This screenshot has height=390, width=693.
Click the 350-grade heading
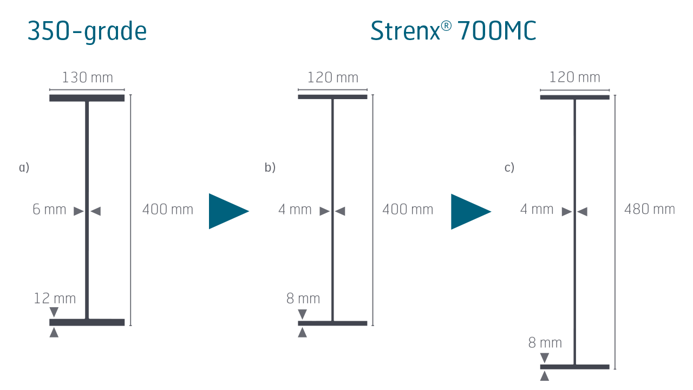coord(87,32)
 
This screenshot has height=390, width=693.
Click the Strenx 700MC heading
coord(453,32)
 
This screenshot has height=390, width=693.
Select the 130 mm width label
coord(87,78)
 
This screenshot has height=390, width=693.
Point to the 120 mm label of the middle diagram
coord(332,78)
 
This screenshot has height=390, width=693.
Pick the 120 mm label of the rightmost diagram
coord(574,78)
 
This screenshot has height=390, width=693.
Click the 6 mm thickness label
coord(49,210)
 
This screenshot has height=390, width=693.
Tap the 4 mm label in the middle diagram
coord(295,210)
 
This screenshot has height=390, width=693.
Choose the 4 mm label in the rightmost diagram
coord(537,210)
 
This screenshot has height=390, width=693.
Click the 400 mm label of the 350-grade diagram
coord(167,210)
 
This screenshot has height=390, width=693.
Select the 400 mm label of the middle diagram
coord(407,210)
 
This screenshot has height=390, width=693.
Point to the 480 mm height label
coord(650,210)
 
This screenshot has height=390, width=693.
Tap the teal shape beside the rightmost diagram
coord(468,255)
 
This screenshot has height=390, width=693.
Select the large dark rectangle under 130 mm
coord(87,149)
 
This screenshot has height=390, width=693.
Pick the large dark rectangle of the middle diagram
coord(332,149)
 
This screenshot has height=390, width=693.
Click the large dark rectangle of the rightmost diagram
coord(574,149)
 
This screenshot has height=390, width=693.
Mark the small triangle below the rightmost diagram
coord(545,375)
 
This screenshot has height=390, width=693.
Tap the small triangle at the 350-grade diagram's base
coord(54,334)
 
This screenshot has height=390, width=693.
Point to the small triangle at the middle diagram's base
coord(302,334)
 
